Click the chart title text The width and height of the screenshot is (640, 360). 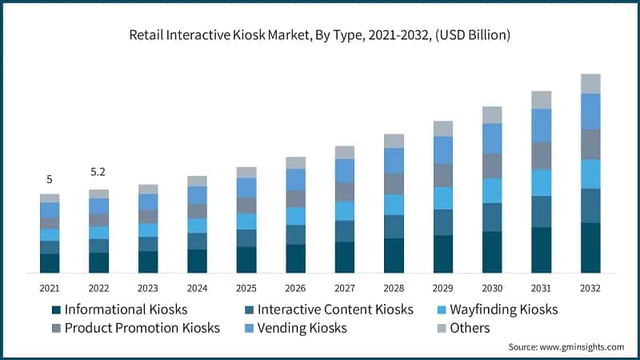point(320,35)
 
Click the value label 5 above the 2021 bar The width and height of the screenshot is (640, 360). point(49,179)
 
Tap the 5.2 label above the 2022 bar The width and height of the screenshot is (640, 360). point(98,172)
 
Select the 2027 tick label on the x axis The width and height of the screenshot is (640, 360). point(344,288)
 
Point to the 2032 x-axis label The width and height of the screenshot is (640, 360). point(590,288)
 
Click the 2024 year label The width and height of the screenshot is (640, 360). point(197,288)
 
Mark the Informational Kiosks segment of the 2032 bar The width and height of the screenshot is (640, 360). point(590,248)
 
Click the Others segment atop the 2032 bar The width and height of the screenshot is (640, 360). point(590,83)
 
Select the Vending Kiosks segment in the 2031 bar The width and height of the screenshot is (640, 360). point(542,126)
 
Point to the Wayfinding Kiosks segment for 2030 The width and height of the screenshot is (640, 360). point(492,190)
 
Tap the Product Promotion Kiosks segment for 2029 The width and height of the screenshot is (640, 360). point(443,175)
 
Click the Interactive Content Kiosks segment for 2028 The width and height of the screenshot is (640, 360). point(394,226)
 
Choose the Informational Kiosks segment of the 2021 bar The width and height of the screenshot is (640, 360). point(50,263)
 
